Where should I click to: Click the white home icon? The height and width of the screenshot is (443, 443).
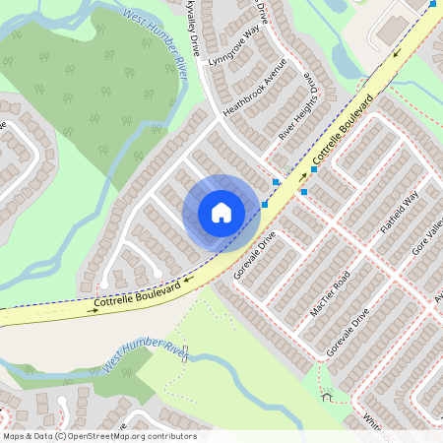click(x=221, y=212)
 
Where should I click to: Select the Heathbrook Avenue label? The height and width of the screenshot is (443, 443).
click(x=254, y=88)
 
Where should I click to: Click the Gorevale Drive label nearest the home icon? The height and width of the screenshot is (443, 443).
click(x=255, y=255)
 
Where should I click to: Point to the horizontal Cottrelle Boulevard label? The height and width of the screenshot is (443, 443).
click(x=137, y=297)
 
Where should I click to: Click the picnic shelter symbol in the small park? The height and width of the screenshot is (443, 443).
click(x=327, y=398)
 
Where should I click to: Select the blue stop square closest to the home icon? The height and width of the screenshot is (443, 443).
click(x=265, y=204)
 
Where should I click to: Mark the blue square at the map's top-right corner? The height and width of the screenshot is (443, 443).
click(x=432, y=4)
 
